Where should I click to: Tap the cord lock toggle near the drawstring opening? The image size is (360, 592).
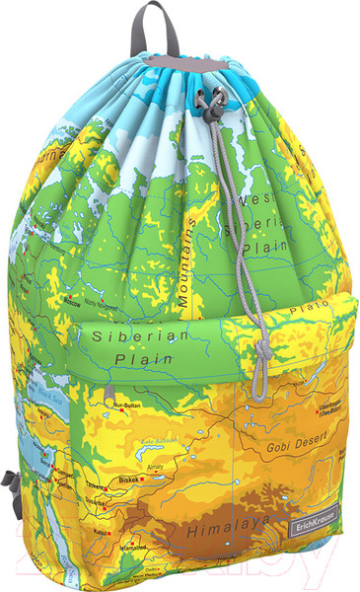tap(208, 100)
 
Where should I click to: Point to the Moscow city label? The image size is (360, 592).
tap(71, 303)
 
